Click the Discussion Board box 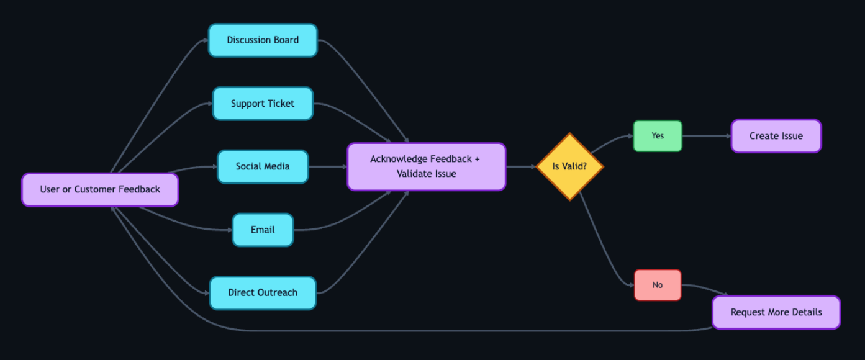[x=263, y=40]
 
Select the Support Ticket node [x=263, y=104]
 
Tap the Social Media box [x=263, y=166]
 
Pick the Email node [x=263, y=230]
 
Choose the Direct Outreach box [x=263, y=293]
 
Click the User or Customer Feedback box [x=100, y=189]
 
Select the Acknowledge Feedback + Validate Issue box [x=426, y=166]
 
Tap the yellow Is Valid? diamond [x=569, y=166]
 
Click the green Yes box [x=658, y=136]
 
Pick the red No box [x=658, y=285]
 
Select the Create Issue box [x=776, y=136]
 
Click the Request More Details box [x=776, y=312]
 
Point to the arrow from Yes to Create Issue [x=707, y=136]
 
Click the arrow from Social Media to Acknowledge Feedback [x=327, y=166]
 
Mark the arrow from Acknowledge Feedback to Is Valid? [x=522, y=166]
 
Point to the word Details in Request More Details [x=805, y=312]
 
